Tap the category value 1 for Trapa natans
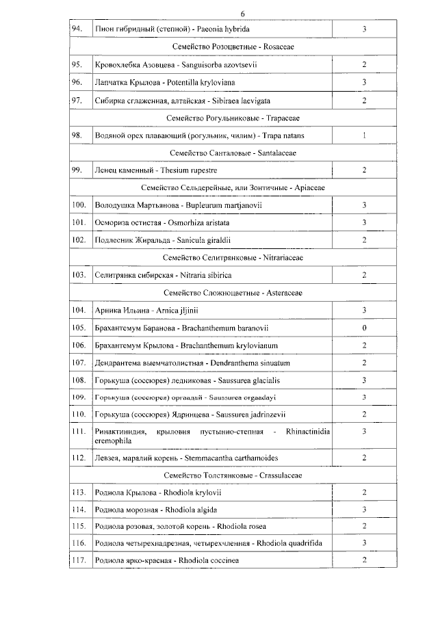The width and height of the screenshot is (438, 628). [x=364, y=135]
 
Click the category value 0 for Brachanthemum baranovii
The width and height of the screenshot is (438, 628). [x=364, y=328]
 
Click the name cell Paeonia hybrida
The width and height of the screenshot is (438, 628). [x=172, y=29]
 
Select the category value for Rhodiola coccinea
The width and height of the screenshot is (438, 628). [x=364, y=561]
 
